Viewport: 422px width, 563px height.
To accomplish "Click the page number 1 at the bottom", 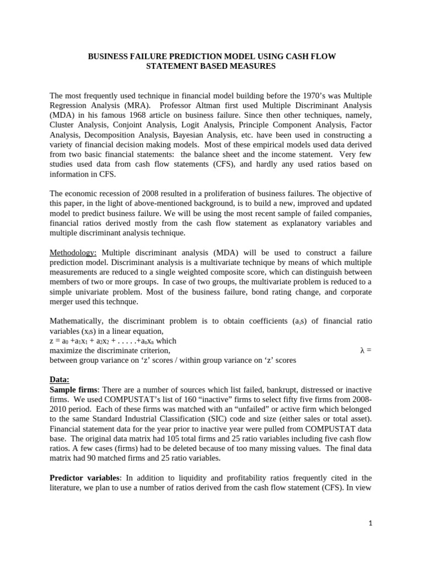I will pyautogui.click(x=370, y=522).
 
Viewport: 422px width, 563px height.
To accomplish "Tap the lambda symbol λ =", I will pyautogui.click(x=365, y=350).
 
